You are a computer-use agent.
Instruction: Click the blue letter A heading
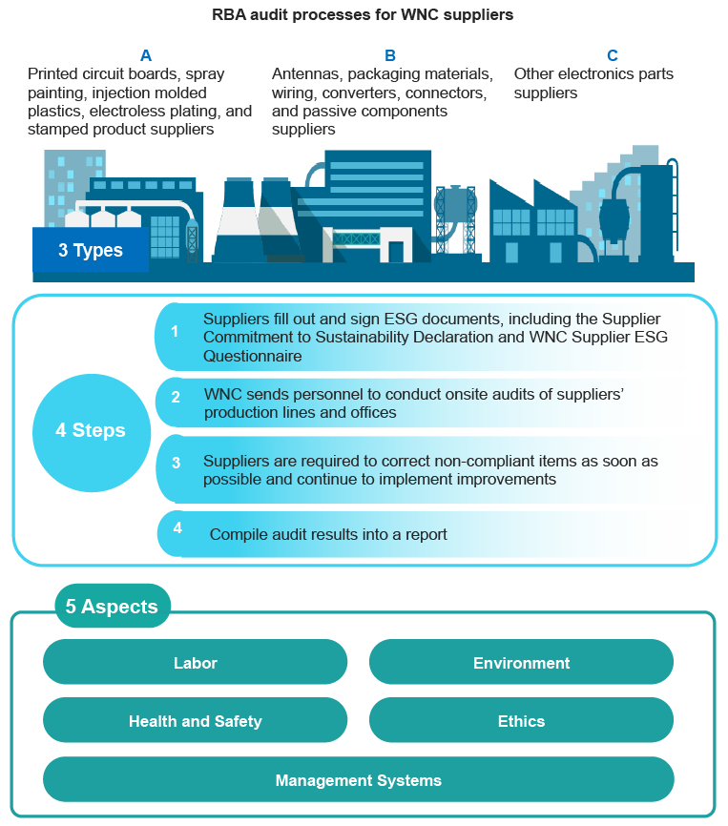146,55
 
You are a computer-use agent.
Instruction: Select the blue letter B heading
390,55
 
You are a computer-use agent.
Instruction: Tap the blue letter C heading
613,55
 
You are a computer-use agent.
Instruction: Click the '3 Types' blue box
91,250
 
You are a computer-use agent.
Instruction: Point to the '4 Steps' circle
92,432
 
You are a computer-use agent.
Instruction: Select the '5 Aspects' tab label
113,606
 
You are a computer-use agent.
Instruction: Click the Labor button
195,662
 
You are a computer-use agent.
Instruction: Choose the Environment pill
521,662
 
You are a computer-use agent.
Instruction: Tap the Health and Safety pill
195,721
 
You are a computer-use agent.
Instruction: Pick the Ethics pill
521,721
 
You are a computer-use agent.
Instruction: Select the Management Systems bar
358,779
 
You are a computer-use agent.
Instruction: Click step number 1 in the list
175,331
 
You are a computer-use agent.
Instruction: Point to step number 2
176,397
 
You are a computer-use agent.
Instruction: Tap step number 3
176,463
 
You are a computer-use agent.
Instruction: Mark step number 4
177,527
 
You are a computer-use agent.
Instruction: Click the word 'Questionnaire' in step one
252,356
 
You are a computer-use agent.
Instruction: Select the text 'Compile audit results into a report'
328,534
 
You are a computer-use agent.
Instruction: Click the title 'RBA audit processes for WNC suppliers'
363,14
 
